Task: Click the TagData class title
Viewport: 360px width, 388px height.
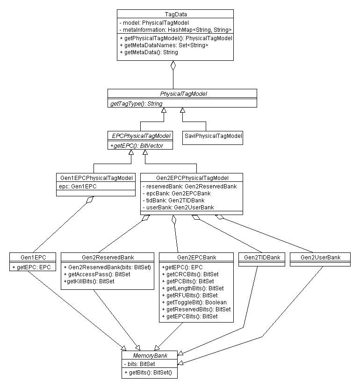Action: pyautogui.click(x=176, y=14)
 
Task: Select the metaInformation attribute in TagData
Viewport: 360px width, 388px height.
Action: pyautogui.click(x=175, y=30)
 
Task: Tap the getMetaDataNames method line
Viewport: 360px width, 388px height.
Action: pyautogui.click(x=164, y=45)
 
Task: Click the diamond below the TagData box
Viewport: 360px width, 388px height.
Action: pyautogui.click(x=173, y=65)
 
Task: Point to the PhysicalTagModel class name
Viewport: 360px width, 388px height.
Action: pyautogui.click(x=183, y=94)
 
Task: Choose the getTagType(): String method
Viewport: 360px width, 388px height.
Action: pyautogui.click(x=137, y=104)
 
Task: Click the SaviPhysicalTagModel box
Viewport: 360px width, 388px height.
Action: pyautogui.click(x=213, y=138)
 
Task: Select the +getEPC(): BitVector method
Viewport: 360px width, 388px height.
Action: pyautogui.click(x=137, y=146)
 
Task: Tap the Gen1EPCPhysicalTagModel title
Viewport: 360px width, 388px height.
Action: pyautogui.click(x=96, y=178)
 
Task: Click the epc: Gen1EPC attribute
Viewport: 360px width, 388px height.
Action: pyautogui.click(x=78, y=187)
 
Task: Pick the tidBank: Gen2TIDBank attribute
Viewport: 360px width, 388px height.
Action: pyautogui.click(x=174, y=201)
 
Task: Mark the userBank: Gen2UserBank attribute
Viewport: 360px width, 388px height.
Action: pyautogui.click(x=179, y=208)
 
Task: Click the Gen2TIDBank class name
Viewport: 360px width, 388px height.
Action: pyautogui.click(x=262, y=258)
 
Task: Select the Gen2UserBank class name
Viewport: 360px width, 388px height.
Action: pyautogui.click(x=320, y=258)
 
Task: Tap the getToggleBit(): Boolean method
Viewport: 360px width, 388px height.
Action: pyautogui.click(x=194, y=302)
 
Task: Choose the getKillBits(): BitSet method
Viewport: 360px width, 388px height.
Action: pyautogui.click(x=89, y=281)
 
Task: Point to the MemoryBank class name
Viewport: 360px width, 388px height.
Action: pyautogui.click(x=150, y=356)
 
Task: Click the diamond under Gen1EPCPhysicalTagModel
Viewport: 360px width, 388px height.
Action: pyautogui.click(x=90, y=200)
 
